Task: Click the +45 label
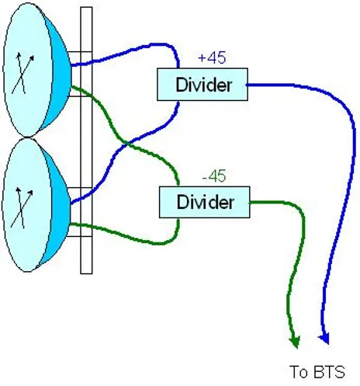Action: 212,57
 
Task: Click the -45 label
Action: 214,176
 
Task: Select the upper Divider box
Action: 202,85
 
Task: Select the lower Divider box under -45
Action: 204,202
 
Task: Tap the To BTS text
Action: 317,372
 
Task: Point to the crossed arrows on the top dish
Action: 22,73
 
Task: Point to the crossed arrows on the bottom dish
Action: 22,208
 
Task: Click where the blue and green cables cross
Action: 126,144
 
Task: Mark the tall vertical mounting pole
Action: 86,141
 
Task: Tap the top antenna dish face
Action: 27,70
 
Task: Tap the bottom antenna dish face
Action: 26,205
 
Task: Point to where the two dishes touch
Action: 27,137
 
